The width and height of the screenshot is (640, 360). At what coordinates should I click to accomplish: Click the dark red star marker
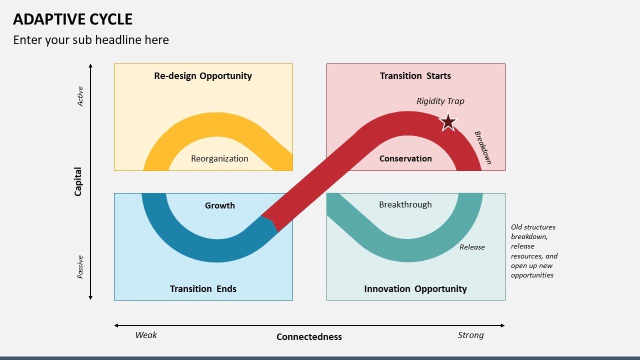pos(448,122)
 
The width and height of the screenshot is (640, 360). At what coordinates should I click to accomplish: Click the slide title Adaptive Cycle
pos(72,19)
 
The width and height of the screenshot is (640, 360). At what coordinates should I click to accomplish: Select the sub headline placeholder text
pos(91,40)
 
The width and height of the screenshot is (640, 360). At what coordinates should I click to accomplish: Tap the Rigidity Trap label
pos(440,101)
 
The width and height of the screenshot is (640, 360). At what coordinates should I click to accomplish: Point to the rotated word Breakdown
pos(483,147)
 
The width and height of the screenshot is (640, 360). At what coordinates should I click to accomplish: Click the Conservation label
pos(405,158)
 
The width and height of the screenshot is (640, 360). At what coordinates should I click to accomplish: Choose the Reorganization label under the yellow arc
pos(219,158)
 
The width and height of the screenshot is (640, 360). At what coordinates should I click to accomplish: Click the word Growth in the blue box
pos(219,205)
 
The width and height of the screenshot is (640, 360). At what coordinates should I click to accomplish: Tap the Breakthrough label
pos(405,204)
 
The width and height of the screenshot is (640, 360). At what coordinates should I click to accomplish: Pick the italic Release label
pos(472,247)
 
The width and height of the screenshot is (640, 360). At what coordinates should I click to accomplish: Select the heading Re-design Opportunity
pos(203,76)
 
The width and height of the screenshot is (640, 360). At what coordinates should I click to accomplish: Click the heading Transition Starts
pos(415,76)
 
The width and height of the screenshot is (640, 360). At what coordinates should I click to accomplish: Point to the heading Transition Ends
pos(203,289)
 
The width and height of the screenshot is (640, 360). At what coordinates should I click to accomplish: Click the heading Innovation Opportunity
pos(415,289)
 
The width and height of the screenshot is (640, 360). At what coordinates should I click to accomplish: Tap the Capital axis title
pos(78,181)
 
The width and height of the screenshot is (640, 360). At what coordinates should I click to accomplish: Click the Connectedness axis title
pos(309,337)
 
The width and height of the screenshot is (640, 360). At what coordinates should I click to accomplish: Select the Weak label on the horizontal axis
pos(146,335)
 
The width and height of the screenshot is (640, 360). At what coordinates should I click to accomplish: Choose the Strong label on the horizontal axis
pos(470,335)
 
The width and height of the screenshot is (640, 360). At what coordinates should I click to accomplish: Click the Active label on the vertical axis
pos(80,96)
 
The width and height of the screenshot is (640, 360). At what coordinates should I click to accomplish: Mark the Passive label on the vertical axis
pos(80,267)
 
